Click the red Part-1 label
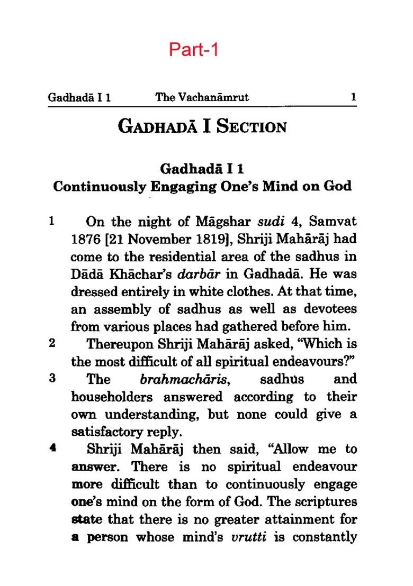193,49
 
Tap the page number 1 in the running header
353,97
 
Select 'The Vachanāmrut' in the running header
202,97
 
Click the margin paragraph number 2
52,343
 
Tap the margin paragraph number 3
52,379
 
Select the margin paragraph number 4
52,449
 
